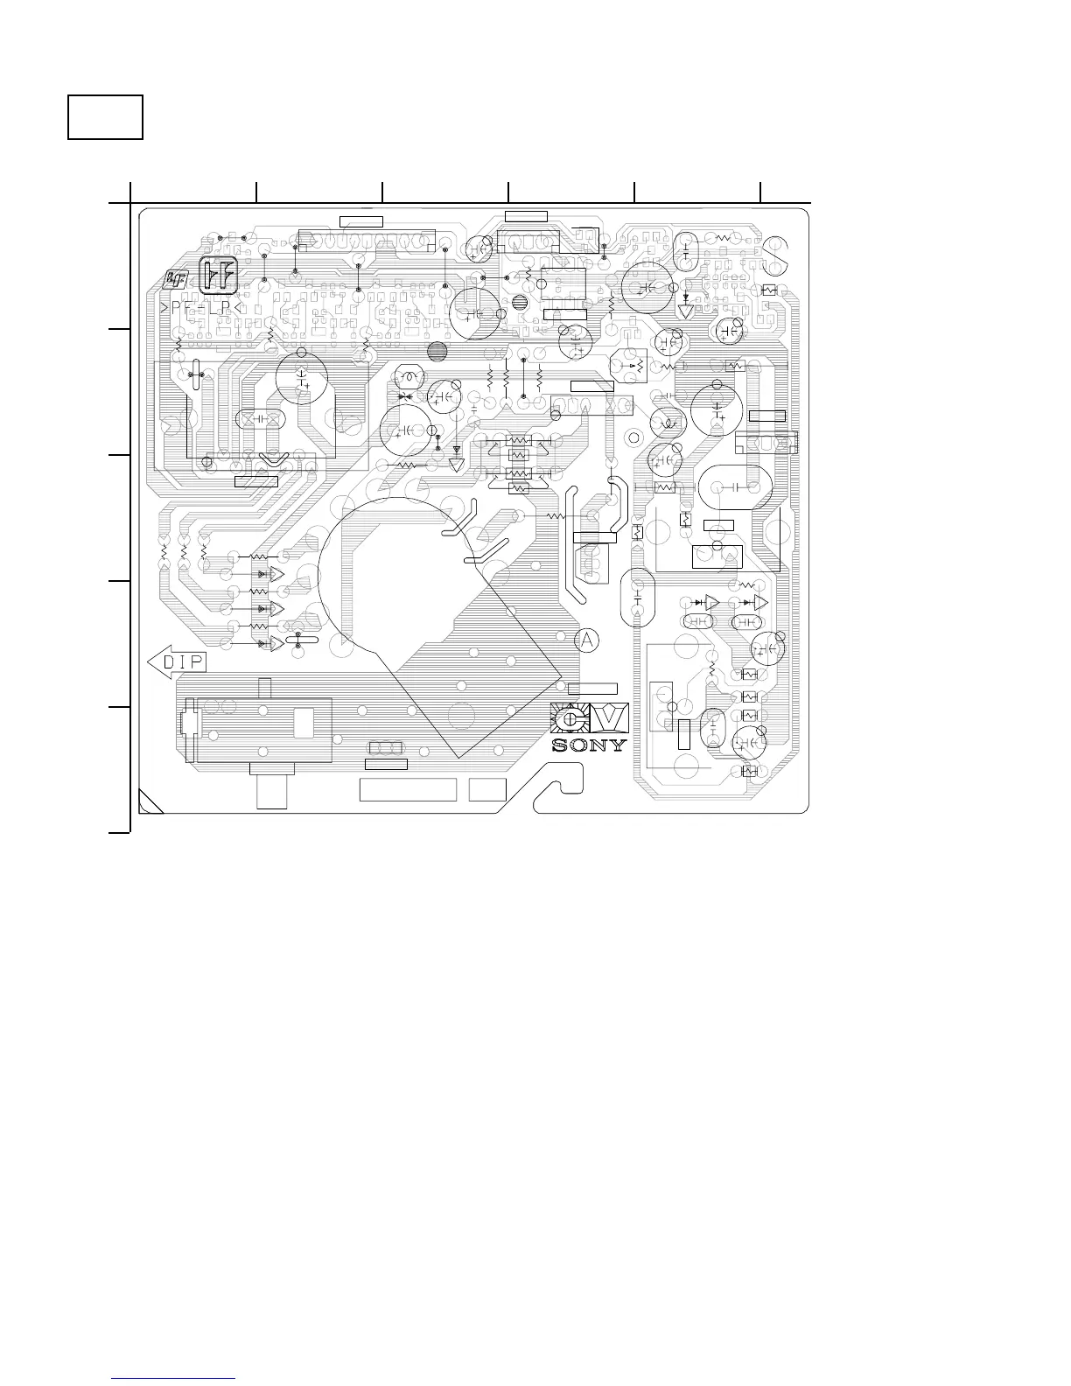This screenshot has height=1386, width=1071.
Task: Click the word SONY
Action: pyautogui.click(x=589, y=745)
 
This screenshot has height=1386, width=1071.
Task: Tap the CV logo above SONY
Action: pyautogui.click(x=589, y=718)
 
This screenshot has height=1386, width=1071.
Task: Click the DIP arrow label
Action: pyautogui.click(x=177, y=661)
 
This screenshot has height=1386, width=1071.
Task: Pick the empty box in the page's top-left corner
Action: pyautogui.click(x=106, y=117)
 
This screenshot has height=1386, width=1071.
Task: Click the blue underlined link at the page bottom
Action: pyautogui.click(x=175, y=1379)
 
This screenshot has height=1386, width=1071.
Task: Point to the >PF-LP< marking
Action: pyautogui.click(x=202, y=308)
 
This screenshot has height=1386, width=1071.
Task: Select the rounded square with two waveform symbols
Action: pyautogui.click(x=219, y=276)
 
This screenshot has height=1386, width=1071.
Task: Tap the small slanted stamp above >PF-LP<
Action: pyautogui.click(x=175, y=279)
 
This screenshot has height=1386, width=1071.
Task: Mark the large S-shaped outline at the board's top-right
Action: pyautogui.click(x=777, y=253)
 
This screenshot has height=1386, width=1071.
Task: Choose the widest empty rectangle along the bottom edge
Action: pyautogui.click(x=408, y=788)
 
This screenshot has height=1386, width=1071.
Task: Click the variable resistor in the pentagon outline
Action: pyautogui.click(x=631, y=364)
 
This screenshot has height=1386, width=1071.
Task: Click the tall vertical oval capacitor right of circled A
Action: pyautogui.click(x=637, y=598)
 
